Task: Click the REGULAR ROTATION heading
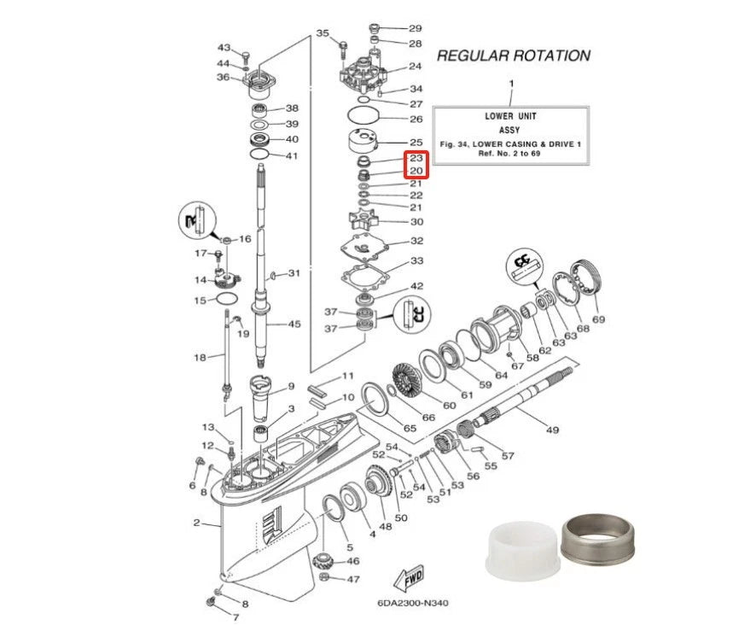(x=513, y=56)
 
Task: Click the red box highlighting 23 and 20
(x=416, y=165)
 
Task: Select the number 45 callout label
(x=294, y=324)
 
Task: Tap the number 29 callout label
(x=415, y=28)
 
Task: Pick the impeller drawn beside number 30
(x=368, y=222)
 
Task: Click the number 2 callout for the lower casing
(x=196, y=523)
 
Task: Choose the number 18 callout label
(x=200, y=357)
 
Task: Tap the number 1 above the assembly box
(x=510, y=84)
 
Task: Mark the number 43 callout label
(x=224, y=47)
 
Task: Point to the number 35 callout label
(x=323, y=33)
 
